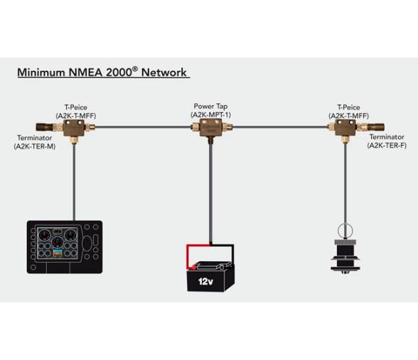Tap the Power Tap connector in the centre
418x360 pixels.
pos(210,129)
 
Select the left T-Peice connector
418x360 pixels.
pos(74,128)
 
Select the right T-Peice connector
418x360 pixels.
pos(345,128)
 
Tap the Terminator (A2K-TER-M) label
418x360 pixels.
pos(35,141)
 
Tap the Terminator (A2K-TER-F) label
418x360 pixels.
pos(386,141)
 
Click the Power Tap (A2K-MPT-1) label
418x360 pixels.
pos(210,110)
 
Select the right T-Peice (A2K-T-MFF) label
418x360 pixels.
pos(348,110)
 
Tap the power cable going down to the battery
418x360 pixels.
pos(210,192)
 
